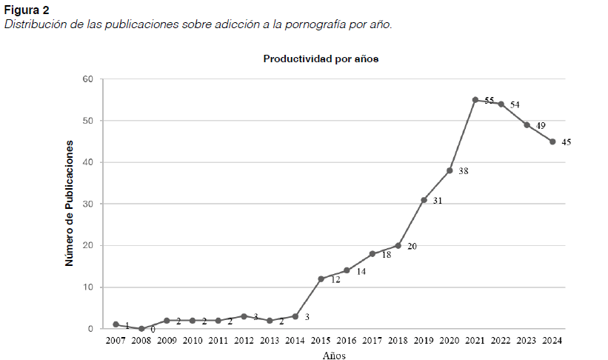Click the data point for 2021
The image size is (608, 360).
coord(475,100)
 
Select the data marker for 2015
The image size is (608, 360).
coord(321,279)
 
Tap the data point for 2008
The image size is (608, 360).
coord(141,328)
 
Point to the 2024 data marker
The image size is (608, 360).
coord(552,141)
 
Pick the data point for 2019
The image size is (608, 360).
coord(424,200)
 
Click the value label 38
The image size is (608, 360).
coord(464,171)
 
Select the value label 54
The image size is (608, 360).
coord(515,104)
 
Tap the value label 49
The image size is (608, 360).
coord(541,125)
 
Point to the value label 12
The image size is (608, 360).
coord(335,279)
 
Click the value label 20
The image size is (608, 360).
coord(412,246)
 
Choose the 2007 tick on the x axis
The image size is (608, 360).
coord(116,341)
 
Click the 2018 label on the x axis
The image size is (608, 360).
coord(398,341)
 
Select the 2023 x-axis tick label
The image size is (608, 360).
coord(527,341)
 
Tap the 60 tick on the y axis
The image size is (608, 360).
coord(87,79)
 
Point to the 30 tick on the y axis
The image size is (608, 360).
coord(87,204)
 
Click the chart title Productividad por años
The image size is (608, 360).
coord(321,59)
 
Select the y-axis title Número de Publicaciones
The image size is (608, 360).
coord(70,203)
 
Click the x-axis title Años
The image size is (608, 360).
coord(333,355)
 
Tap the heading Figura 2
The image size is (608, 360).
coord(25,10)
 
